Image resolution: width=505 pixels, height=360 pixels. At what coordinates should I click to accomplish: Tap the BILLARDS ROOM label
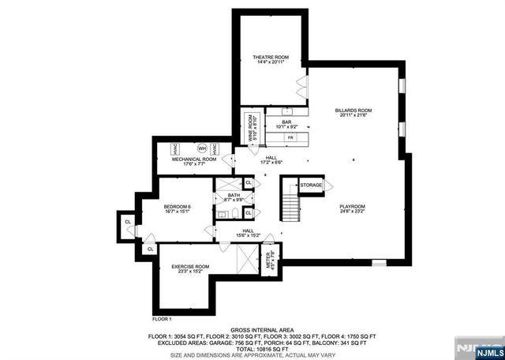(x=354, y=113)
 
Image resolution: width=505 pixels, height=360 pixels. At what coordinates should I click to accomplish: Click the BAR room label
(x=286, y=124)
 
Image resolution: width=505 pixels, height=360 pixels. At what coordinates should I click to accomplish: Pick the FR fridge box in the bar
(x=290, y=138)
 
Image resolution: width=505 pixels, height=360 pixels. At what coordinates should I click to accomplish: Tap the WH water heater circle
(x=202, y=148)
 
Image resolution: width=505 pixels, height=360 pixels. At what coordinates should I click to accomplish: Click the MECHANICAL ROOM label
(x=194, y=161)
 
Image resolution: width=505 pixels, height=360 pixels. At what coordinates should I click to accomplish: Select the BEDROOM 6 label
(x=178, y=208)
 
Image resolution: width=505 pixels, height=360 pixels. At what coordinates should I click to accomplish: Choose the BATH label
(x=234, y=198)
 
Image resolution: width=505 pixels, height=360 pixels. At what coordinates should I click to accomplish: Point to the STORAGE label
(x=311, y=186)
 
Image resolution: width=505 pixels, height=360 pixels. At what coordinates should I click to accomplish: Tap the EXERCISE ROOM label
(x=190, y=268)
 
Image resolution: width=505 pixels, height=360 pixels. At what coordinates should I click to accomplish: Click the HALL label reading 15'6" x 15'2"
(x=246, y=233)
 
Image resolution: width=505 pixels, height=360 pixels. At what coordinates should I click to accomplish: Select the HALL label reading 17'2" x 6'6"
(x=271, y=160)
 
